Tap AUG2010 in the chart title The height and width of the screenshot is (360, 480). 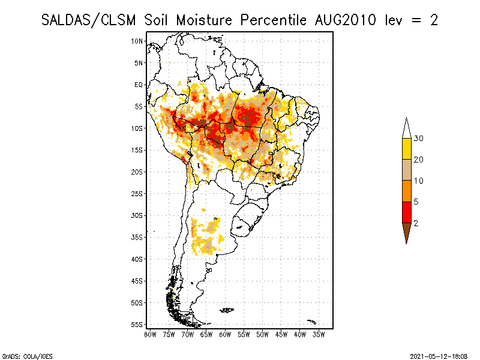click(346, 20)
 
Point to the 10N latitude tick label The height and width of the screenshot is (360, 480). click(137, 41)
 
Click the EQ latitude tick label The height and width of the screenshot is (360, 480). click(139, 85)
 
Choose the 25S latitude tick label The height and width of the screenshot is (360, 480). click(137, 193)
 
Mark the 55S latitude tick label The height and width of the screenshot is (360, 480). click(137, 325)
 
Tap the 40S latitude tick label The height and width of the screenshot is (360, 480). click(137, 259)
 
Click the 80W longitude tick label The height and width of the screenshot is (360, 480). click(150, 334)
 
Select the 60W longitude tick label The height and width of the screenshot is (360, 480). click(225, 334)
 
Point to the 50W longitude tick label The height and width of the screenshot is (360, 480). click(262, 334)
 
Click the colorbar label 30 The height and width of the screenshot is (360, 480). click(419, 139)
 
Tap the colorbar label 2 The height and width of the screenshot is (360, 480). click(416, 223)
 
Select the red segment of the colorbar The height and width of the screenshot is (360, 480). click(406, 212)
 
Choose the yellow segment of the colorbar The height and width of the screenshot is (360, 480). click(406, 149)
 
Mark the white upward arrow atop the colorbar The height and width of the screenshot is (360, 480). click(406, 128)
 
